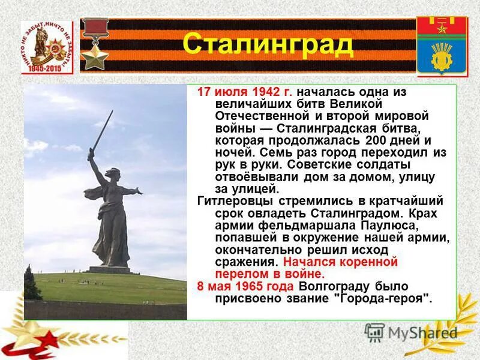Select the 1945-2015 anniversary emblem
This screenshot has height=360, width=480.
tap(46, 47)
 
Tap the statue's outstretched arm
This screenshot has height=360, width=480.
tap(131, 191)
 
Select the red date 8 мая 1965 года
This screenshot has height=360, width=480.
tap(245, 287)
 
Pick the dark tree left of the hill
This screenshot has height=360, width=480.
tap(31, 284)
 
